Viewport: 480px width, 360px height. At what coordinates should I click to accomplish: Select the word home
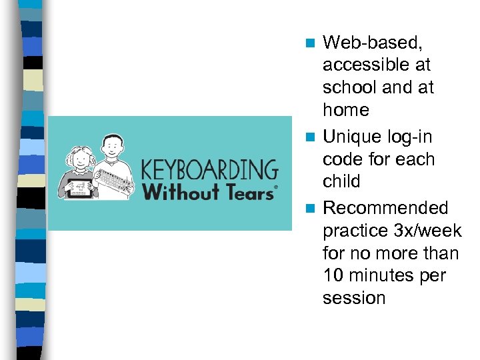(345, 110)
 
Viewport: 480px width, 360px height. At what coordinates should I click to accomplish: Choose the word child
(341, 181)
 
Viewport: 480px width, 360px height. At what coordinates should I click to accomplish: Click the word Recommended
(385, 209)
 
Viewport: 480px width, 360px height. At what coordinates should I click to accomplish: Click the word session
(354, 298)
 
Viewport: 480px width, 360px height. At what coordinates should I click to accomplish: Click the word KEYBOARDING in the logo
(209, 169)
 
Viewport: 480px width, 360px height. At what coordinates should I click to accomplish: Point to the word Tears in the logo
(247, 192)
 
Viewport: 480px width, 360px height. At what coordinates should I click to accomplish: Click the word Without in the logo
(180, 192)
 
